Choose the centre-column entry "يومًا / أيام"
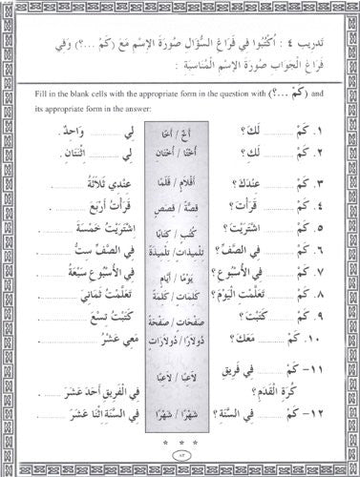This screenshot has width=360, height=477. pyautogui.click(x=179, y=262)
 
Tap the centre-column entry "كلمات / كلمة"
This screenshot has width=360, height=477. pyautogui.click(x=179, y=280)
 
